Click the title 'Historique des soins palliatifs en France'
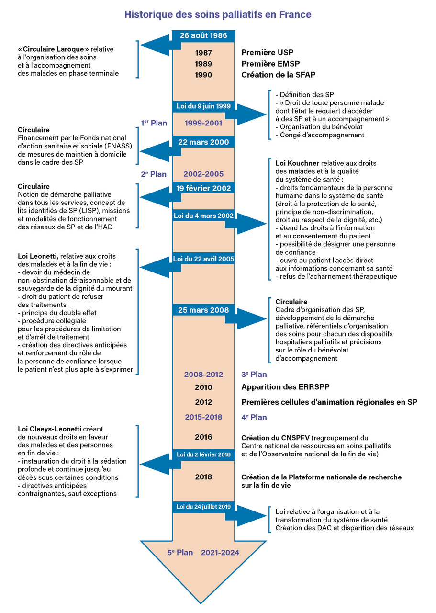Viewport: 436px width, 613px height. tap(218, 15)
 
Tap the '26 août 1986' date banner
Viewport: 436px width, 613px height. tap(203, 36)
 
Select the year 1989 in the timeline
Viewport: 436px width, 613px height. tap(203, 64)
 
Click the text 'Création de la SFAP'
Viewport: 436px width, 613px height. tap(278, 75)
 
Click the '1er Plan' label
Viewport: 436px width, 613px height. tap(154, 123)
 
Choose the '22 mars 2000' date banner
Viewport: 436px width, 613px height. tap(203, 142)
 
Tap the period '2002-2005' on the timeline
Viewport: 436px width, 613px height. tap(203, 174)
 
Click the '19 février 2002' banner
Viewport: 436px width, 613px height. tap(203, 188)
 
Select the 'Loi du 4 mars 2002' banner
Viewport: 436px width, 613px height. tap(203, 216)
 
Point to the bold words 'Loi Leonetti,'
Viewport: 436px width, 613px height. tap(38, 256)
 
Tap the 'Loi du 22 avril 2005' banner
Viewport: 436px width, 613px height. tap(203, 259)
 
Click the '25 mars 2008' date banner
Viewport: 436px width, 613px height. tap(203, 310)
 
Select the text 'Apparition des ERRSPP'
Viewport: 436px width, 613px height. tap(286, 387)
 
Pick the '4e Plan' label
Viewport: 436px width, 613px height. tap(254, 417)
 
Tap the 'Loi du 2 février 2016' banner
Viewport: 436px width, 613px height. tap(203, 454)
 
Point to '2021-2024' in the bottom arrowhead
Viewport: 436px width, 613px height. tap(220, 553)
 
